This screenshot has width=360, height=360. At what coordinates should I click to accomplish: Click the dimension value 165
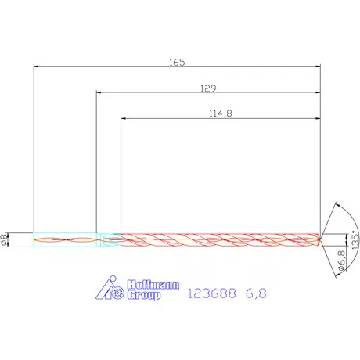coord(177,61)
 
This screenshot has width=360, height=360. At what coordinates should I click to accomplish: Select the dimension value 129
coord(208,87)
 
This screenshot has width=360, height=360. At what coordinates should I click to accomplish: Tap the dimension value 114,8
coord(221,113)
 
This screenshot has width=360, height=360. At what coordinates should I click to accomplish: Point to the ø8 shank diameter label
coord(6,240)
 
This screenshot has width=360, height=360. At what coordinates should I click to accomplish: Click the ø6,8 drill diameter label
coord(341,261)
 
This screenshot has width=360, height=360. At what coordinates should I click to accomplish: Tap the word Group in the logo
coord(142,297)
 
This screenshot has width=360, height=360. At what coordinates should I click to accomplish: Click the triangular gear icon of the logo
coord(111,290)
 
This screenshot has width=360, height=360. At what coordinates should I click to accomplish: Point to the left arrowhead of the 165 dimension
coord(37,67)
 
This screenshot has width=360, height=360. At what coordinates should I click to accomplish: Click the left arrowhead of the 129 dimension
coord(99,93)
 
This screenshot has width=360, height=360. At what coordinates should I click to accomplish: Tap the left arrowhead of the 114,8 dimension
coord(124,119)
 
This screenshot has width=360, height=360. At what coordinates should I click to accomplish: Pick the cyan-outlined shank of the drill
coord(67,239)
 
